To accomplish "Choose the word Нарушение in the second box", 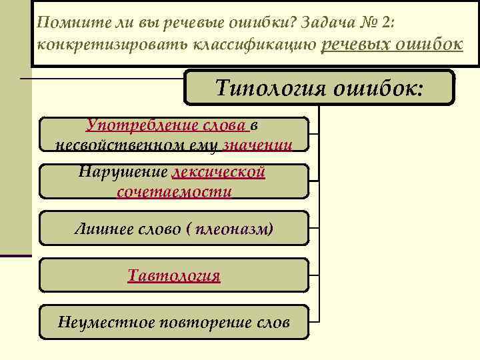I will [123, 172].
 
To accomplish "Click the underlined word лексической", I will [219, 172].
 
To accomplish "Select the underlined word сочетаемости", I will [174, 192].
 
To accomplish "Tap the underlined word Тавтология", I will [174, 275].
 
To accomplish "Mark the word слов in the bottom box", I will [273, 323].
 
